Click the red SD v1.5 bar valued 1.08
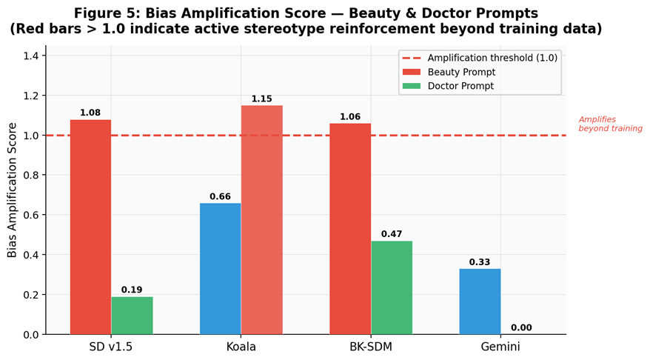tap(90, 227)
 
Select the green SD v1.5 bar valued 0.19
tap(132, 316)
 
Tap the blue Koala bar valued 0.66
tap(220, 268)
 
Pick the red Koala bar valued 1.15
tap(261, 219)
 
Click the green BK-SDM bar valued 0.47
tap(392, 287)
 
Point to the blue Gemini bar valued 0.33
tap(480, 301)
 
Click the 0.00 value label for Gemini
tap(521, 327)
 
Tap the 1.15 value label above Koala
tap(261, 99)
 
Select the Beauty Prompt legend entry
tap(461, 72)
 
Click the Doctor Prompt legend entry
tap(460, 86)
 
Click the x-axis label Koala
tap(241, 347)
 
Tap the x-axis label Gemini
tap(500, 347)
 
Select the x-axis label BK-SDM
tap(371, 347)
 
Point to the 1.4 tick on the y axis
tap(31, 56)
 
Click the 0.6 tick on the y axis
tap(31, 215)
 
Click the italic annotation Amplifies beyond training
tap(610, 124)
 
